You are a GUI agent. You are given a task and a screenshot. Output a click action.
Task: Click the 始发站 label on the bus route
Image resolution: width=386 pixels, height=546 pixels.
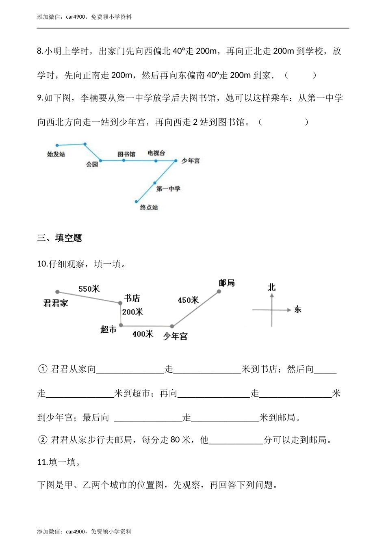pyautogui.click(x=56, y=154)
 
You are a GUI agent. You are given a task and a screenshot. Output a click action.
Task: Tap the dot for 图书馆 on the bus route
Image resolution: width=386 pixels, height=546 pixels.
pyautogui.click(x=124, y=160)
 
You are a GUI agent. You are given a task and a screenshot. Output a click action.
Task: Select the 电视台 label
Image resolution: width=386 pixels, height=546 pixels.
pyautogui.click(x=156, y=153)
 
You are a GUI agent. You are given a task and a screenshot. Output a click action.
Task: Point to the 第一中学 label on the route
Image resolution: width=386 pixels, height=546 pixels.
pyautogui.click(x=168, y=188)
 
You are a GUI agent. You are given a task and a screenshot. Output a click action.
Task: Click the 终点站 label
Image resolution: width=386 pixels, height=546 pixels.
pyautogui.click(x=149, y=208)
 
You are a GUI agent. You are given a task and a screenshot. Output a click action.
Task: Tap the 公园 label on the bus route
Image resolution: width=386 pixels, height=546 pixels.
pyautogui.click(x=92, y=165)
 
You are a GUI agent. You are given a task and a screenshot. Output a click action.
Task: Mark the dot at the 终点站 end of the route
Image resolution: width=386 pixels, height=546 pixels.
pyautogui.click(x=137, y=201)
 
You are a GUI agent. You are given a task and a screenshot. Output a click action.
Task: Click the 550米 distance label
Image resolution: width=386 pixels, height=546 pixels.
pyautogui.click(x=89, y=289)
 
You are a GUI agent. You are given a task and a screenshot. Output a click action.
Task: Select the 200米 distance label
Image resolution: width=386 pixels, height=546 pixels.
pyautogui.click(x=133, y=312)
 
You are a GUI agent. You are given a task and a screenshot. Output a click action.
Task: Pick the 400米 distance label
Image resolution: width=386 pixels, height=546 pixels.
pyautogui.click(x=143, y=334)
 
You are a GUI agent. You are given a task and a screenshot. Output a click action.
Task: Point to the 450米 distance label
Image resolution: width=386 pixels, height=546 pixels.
pyautogui.click(x=188, y=300)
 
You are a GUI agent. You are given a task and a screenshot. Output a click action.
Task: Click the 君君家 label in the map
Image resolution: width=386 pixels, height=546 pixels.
pyautogui.click(x=56, y=303)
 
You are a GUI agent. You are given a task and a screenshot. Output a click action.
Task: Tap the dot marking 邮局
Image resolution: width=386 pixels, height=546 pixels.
pyautogui.click(x=219, y=291)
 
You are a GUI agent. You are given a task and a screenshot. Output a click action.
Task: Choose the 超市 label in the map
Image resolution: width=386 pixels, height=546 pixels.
pyautogui.click(x=108, y=329)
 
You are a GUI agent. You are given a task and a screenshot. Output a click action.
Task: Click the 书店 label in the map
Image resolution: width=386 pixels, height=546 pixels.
pyautogui.click(x=132, y=299)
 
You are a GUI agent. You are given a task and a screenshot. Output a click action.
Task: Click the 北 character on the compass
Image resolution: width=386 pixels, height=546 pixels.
pyautogui.click(x=271, y=287)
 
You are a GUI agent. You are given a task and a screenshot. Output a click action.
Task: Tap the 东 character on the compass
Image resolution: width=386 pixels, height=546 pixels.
pyautogui.click(x=298, y=310)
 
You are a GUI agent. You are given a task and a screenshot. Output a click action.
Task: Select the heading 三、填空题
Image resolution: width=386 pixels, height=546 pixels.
pyautogui.click(x=60, y=238)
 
